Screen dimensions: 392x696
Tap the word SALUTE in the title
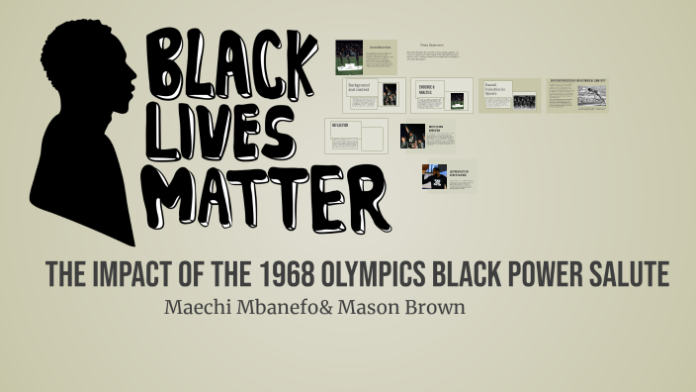(x=622, y=276)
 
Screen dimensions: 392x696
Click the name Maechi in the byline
(x=202, y=307)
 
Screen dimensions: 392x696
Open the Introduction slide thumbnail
(x=366, y=56)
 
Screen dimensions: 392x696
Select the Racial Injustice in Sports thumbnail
(x=509, y=95)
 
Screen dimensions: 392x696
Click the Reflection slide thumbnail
(x=357, y=136)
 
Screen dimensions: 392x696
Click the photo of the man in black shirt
(x=434, y=176)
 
